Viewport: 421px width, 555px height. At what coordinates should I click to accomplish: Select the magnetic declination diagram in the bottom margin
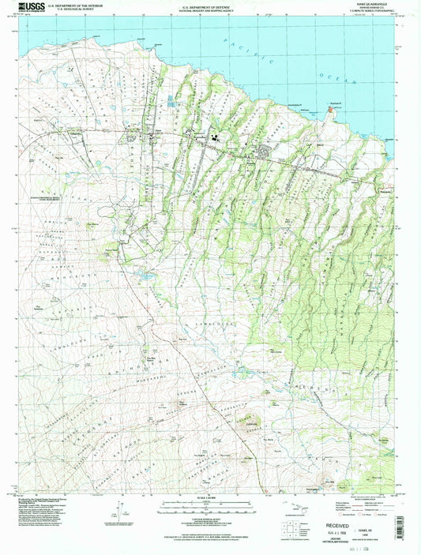[118, 505]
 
